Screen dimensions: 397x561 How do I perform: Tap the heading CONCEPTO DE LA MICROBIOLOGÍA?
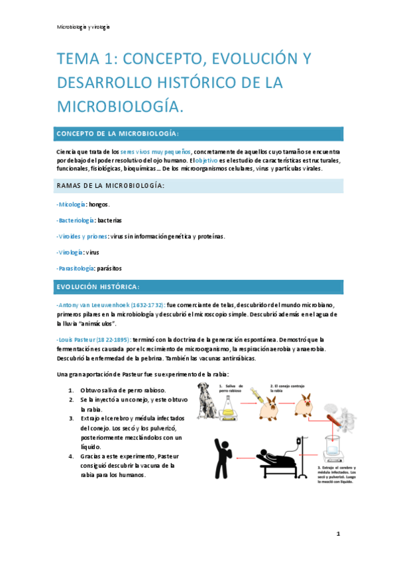coord(118,134)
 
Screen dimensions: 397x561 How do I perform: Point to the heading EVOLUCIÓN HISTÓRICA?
coord(97,286)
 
